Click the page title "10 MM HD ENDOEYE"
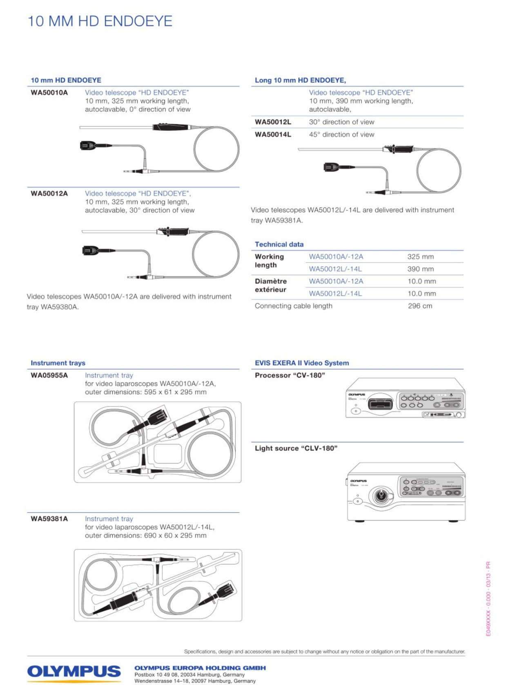coord(100,21)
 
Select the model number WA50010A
coord(49,93)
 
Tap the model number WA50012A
coord(49,194)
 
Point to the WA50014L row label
coord(273,135)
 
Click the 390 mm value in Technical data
coord(420,269)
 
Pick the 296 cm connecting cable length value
coord(420,306)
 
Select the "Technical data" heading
coord(279,244)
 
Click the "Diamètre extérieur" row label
coord(270,285)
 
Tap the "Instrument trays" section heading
coord(58,363)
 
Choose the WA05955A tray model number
coord(49,376)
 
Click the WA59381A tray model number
coord(49,519)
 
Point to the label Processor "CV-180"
coord(290,376)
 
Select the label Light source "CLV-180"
coord(296,449)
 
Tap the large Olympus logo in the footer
coord(74,672)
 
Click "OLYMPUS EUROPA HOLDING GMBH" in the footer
coord(200,668)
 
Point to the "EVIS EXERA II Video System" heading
coord(302,363)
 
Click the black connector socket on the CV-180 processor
coord(380,404)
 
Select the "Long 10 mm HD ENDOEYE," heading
coord(300,80)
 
